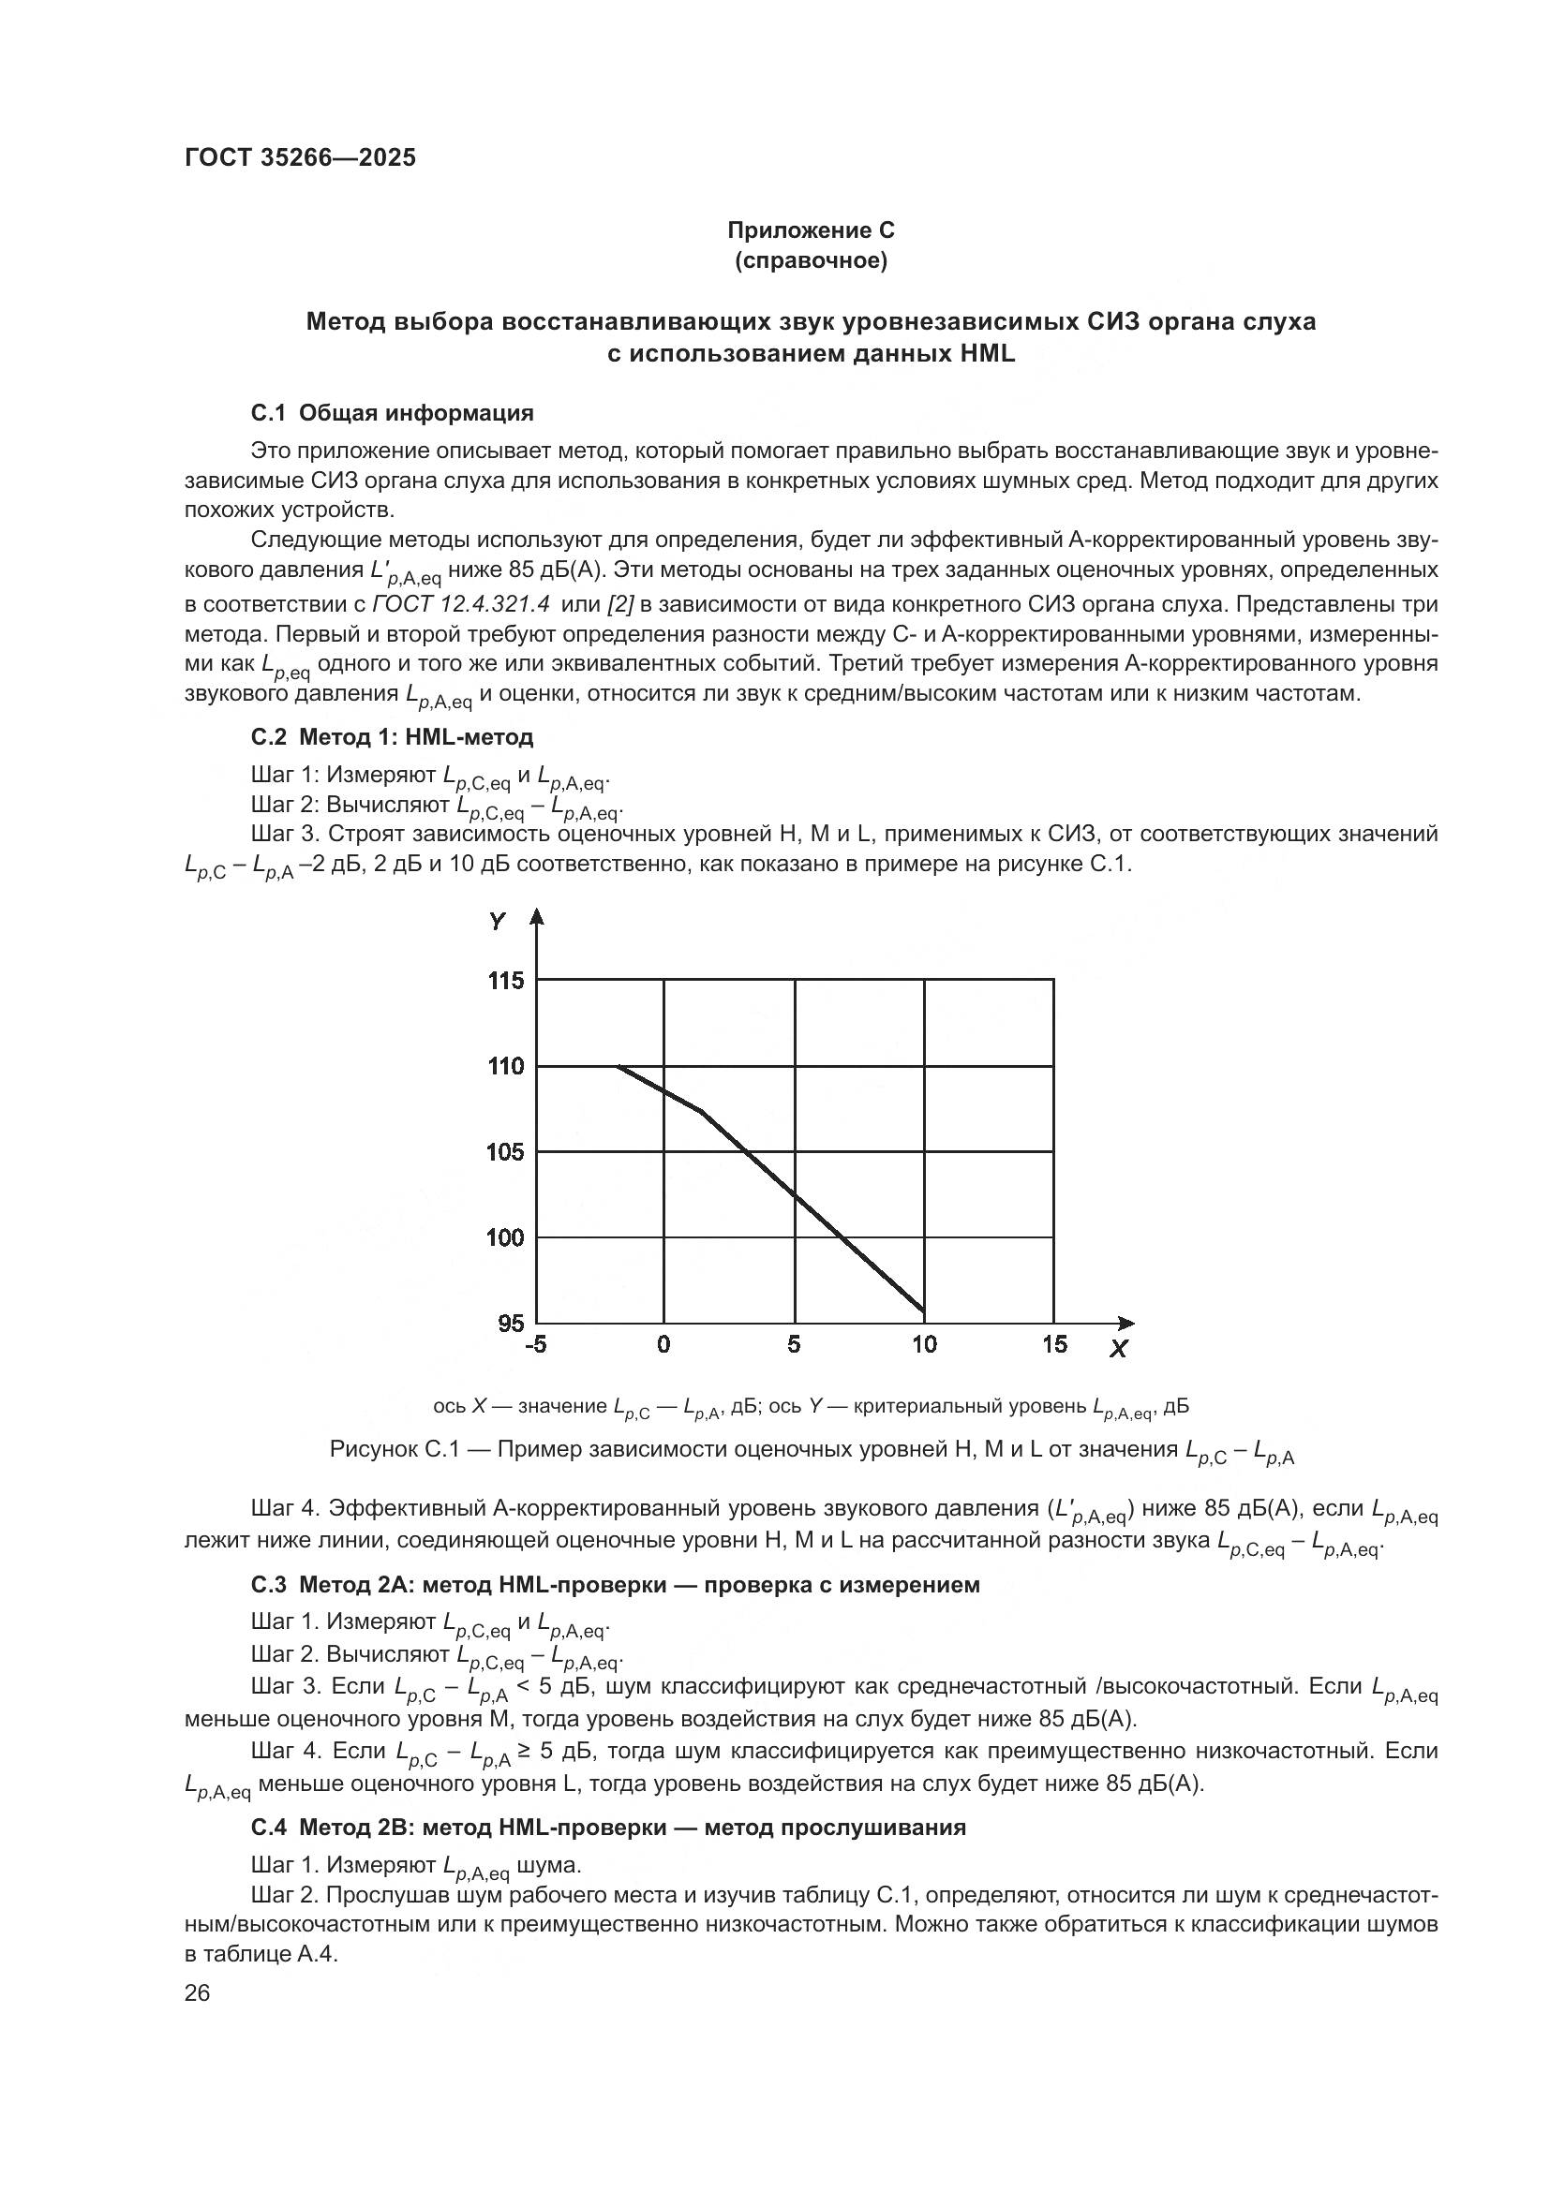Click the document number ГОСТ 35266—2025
(x=300, y=157)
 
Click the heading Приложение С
(x=811, y=230)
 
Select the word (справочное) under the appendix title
(x=811, y=260)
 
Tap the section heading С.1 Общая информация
(x=393, y=413)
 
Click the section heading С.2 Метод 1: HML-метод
(x=393, y=736)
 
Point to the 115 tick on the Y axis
(x=506, y=981)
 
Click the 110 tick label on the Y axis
(x=506, y=1066)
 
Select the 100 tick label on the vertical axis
(x=506, y=1237)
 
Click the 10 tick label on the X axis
(x=924, y=1344)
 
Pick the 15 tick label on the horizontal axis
(x=1053, y=1344)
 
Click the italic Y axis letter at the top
(x=498, y=922)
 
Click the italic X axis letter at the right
(x=1119, y=1349)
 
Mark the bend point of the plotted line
(x=703, y=1111)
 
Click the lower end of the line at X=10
(x=923, y=1311)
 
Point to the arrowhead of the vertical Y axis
(x=536, y=916)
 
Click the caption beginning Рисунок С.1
(x=811, y=1450)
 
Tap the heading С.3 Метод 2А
(x=615, y=1585)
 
